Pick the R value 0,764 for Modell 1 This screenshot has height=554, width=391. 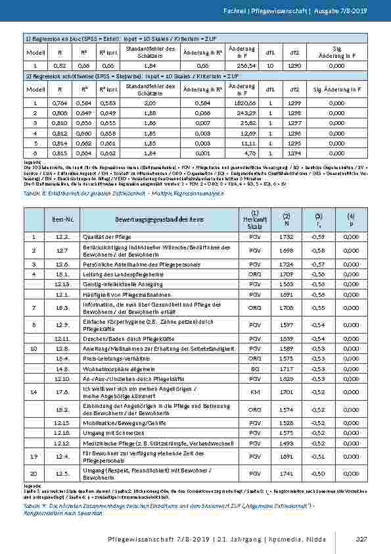[59, 104]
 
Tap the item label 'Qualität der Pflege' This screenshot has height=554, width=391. [104, 236]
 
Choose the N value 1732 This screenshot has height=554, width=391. [286, 236]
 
